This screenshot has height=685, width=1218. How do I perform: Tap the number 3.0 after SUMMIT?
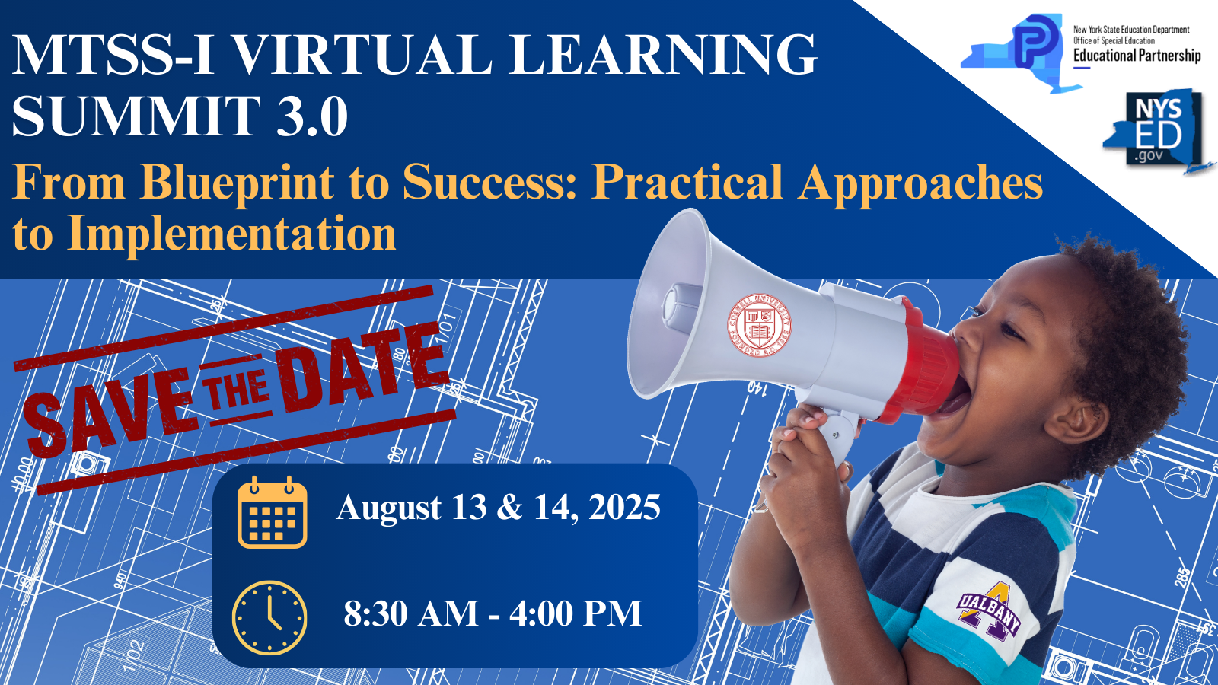click(x=312, y=116)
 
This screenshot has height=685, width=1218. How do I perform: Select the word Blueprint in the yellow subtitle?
click(x=238, y=183)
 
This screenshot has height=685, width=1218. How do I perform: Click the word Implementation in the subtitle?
click(x=231, y=233)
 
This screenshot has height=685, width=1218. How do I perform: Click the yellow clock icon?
click(x=269, y=617)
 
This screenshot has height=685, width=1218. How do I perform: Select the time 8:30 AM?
click(x=411, y=613)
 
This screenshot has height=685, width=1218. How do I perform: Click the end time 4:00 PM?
click(x=576, y=613)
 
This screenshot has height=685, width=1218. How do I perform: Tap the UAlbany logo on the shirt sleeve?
click(x=989, y=611)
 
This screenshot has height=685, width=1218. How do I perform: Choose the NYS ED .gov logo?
click(x=1157, y=129)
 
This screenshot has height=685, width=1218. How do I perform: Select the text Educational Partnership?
click(x=1137, y=56)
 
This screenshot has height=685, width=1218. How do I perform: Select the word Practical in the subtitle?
click(x=687, y=183)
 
